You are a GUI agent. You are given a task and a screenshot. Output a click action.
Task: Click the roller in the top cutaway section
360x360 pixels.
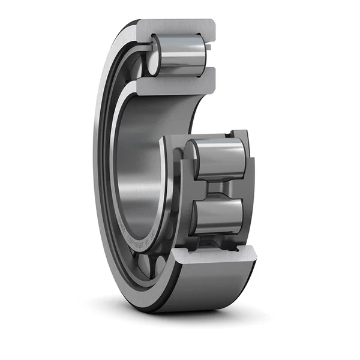click(180, 53)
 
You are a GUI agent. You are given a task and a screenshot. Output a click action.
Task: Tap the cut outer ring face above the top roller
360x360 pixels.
click(174, 27)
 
